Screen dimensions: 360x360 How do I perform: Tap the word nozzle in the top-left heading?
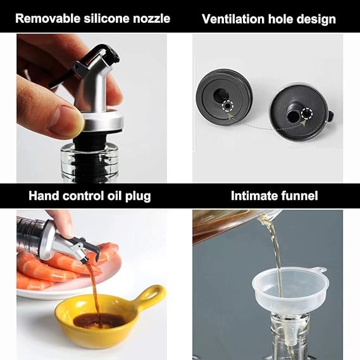[149, 18]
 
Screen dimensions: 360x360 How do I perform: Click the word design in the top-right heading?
[317, 19]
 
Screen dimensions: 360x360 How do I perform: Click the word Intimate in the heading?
[252, 196]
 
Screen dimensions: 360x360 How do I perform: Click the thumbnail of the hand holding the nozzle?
[92, 108]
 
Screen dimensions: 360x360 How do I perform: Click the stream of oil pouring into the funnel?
[275, 253]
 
